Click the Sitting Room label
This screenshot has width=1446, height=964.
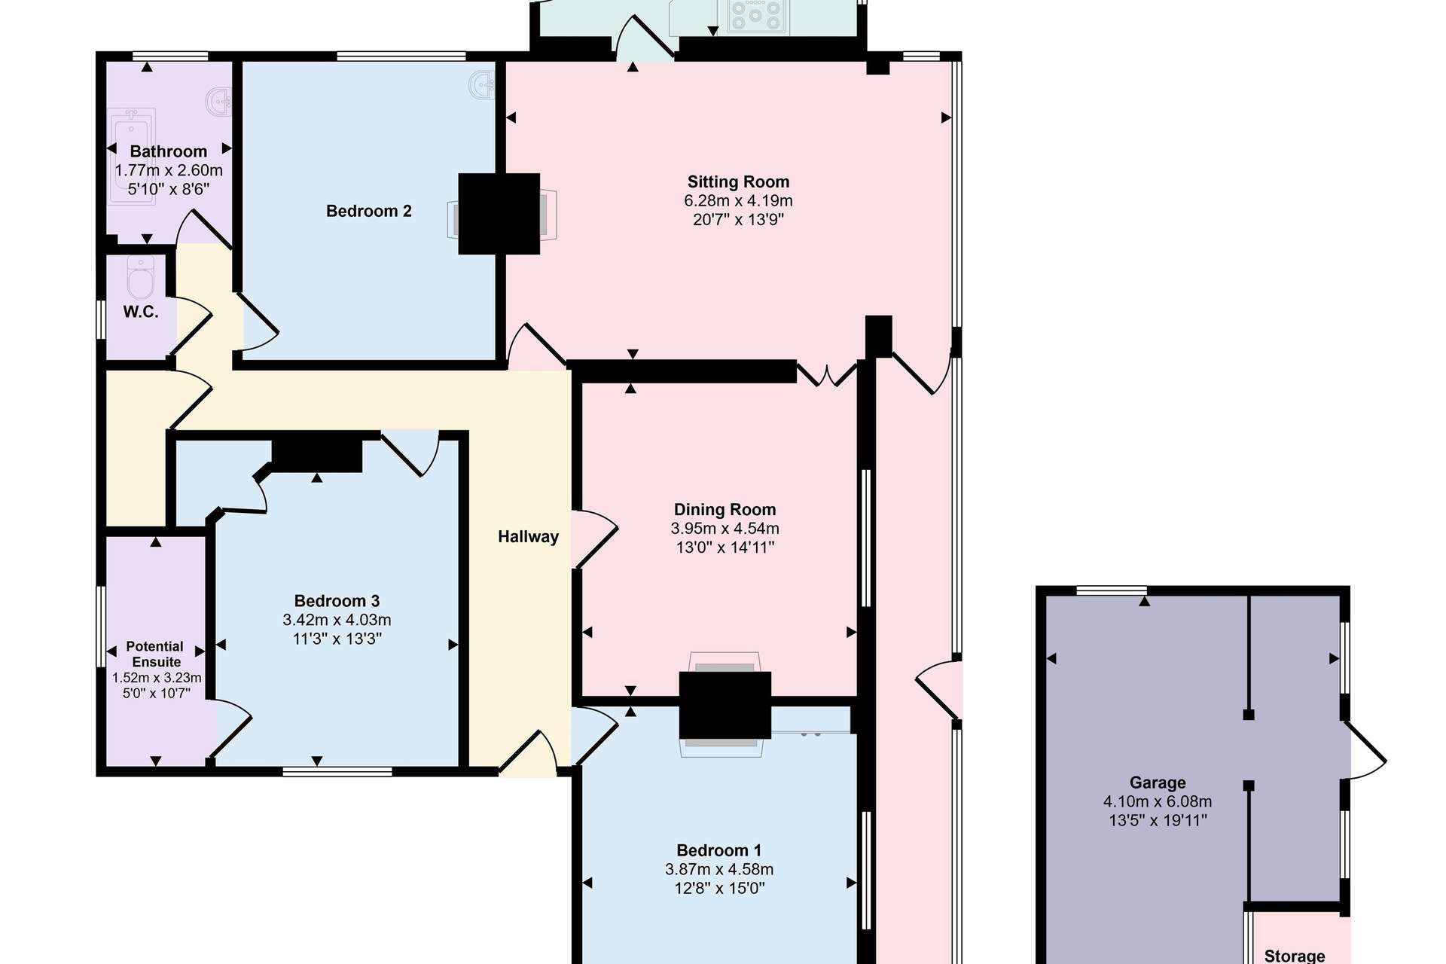tap(738, 182)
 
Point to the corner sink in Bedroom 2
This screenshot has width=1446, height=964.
tap(483, 84)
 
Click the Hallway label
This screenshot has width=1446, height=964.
tap(528, 537)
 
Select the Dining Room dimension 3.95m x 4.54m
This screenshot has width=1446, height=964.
tap(725, 529)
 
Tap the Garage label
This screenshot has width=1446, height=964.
tap(1158, 782)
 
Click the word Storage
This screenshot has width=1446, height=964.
tap(1295, 956)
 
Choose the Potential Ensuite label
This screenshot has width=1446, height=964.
tap(155, 654)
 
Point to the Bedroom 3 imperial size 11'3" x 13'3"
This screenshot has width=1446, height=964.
tap(337, 639)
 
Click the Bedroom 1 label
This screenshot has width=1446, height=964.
tap(719, 850)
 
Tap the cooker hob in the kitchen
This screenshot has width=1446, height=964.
tap(755, 16)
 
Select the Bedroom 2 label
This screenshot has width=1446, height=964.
tap(369, 211)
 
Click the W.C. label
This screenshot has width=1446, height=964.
tap(141, 312)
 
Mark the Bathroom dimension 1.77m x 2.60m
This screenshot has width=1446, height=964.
tap(169, 170)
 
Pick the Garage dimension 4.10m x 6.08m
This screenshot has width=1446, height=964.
tap(1158, 801)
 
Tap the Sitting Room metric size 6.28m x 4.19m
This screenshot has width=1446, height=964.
tap(738, 200)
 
